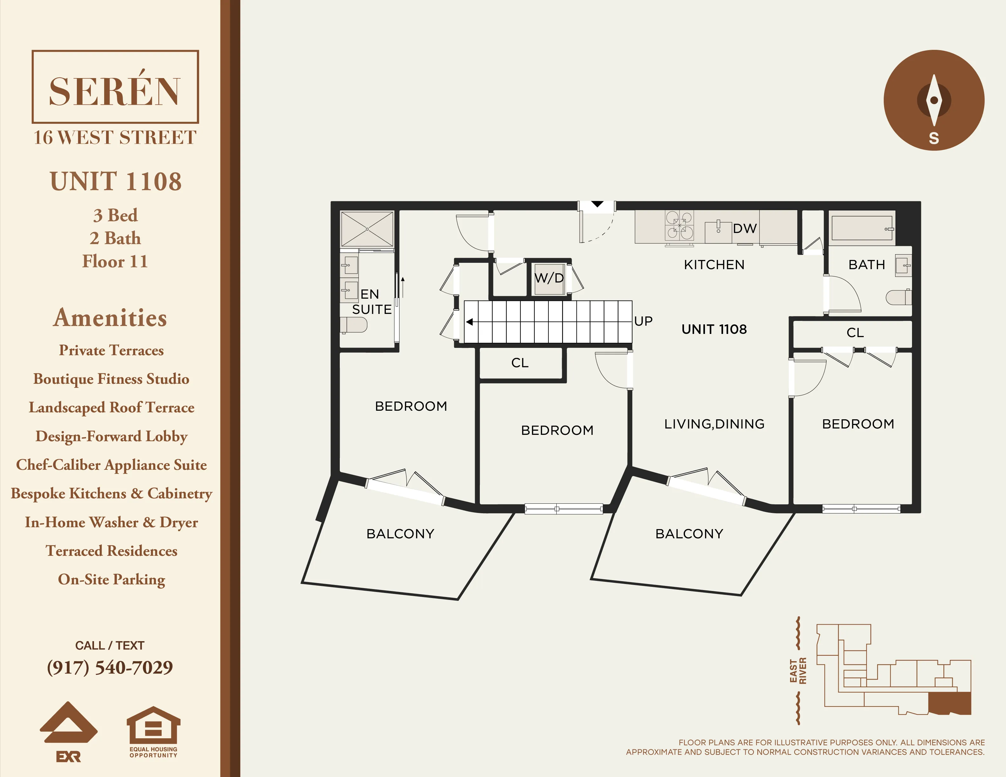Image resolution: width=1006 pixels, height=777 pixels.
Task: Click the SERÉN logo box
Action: coord(115,87)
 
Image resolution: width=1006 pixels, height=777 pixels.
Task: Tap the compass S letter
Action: coord(934,138)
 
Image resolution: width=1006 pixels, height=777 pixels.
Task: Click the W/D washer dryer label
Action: coord(549,278)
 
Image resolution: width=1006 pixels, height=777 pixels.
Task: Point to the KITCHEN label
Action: coord(714,265)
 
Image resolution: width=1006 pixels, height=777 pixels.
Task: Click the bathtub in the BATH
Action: coord(862,228)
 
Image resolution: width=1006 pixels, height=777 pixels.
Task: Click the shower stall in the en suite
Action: coord(367,229)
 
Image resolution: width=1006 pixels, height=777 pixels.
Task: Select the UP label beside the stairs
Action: coord(643,321)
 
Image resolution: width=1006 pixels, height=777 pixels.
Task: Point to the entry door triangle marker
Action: coord(597,204)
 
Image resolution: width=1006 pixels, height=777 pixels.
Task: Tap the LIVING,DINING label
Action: coord(714,424)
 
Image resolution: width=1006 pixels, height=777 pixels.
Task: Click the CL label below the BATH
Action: coord(855,333)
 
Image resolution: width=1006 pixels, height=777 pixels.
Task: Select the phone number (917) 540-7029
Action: coord(110,667)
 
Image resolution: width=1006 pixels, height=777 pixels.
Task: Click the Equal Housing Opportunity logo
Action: coord(153,732)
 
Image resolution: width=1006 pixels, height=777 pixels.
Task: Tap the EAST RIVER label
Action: coord(798,671)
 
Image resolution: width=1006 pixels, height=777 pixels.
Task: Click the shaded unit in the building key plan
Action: coord(950,703)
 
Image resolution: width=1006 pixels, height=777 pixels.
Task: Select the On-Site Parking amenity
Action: coord(111,580)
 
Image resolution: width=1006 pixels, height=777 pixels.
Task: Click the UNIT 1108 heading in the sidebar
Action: coord(116,181)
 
